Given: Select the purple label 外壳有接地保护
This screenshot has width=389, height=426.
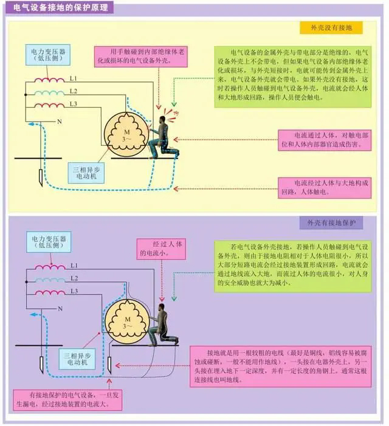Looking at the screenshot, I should pyautogui.click(x=331, y=223).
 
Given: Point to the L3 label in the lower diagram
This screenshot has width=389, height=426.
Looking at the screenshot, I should pyautogui.click(x=74, y=292).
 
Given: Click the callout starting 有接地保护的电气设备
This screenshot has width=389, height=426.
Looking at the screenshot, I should pyautogui.click(x=61, y=399).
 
